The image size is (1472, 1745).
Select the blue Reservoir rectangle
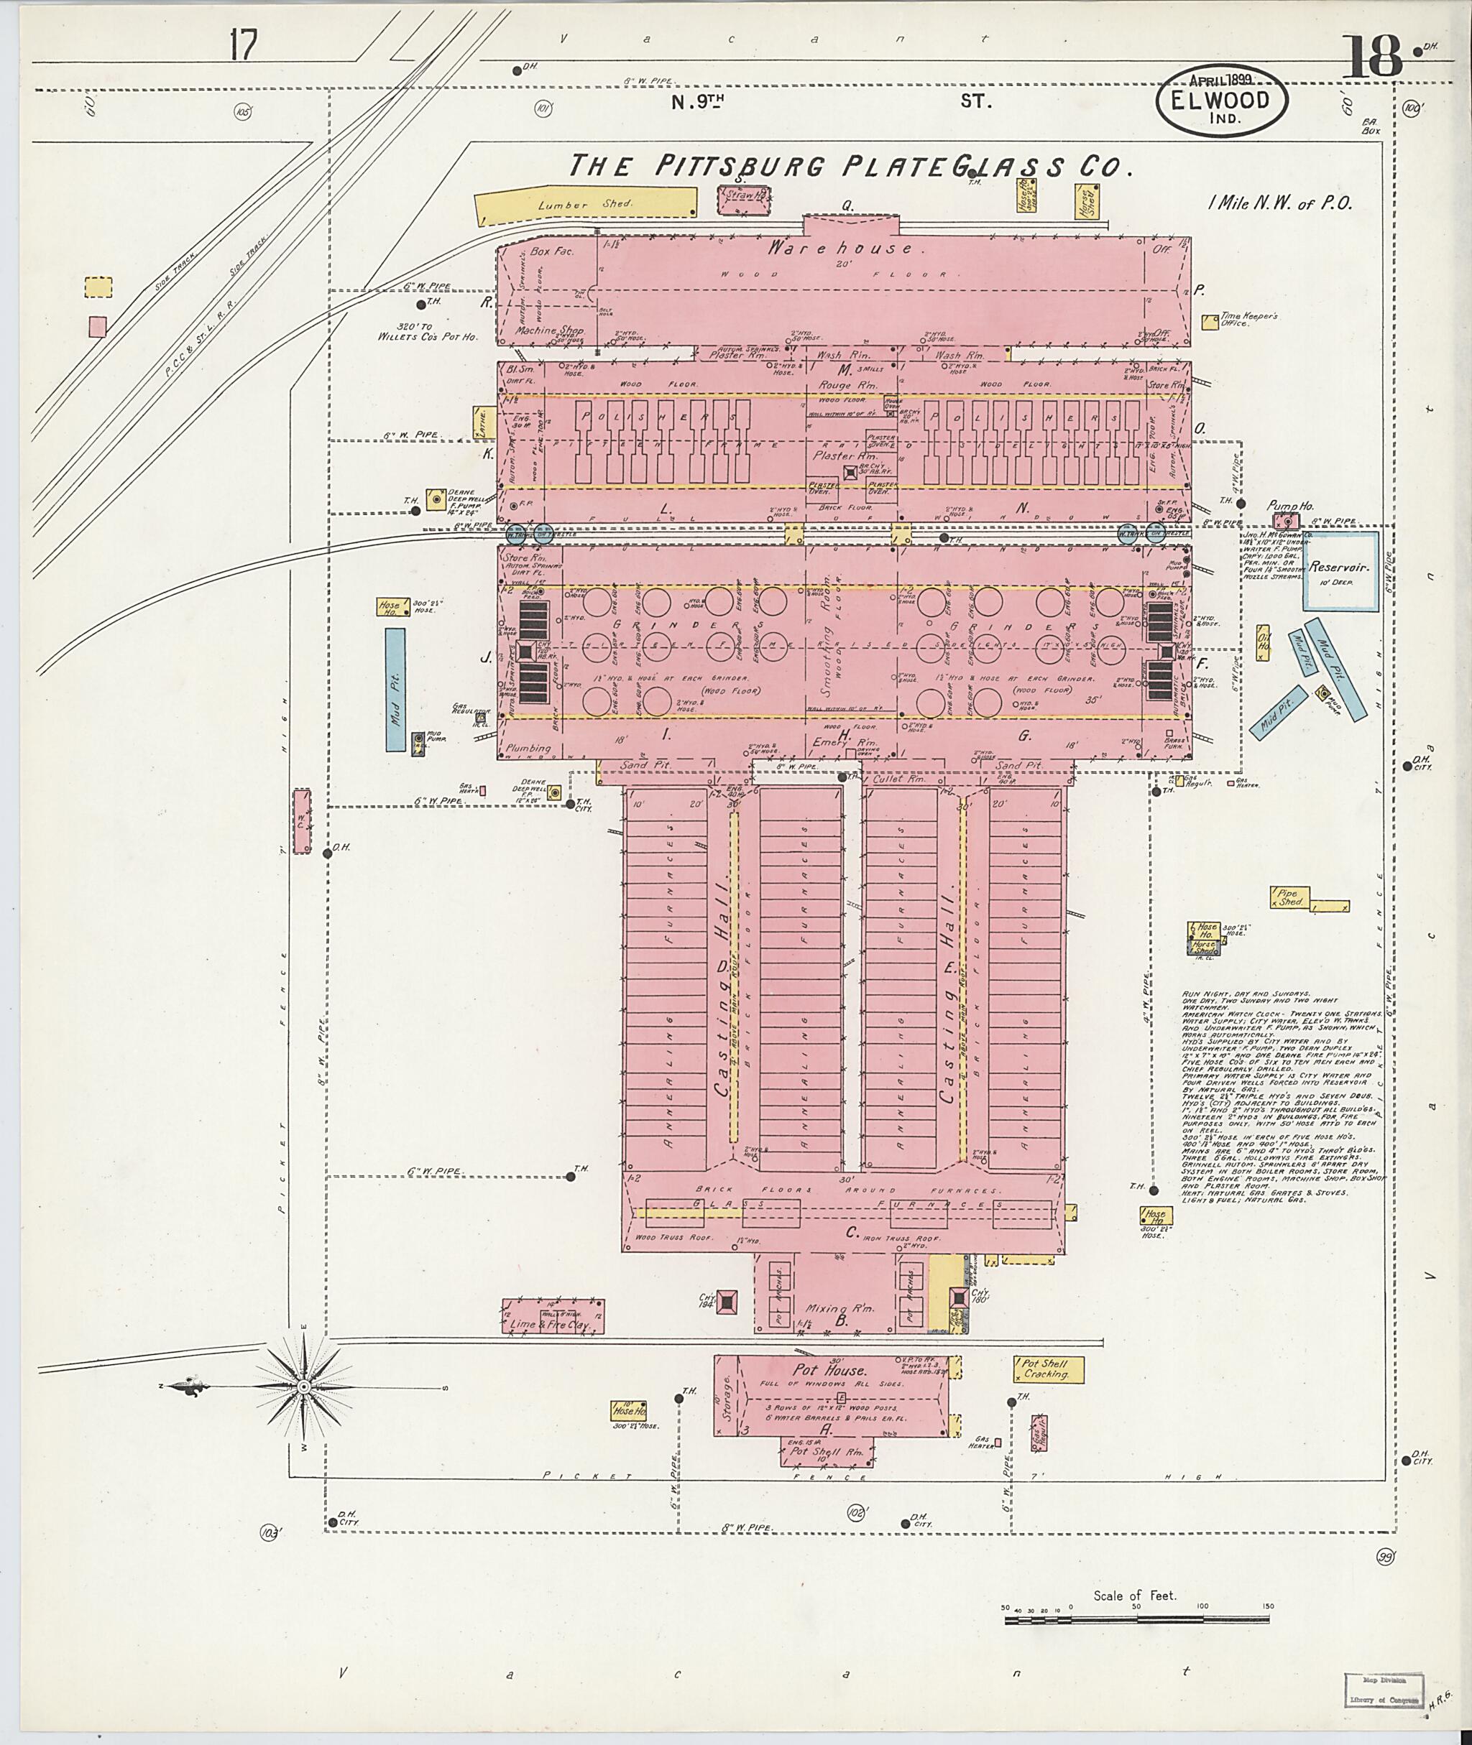1341,574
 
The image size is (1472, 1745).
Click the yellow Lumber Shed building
585,204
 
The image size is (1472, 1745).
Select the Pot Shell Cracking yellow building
1048,1369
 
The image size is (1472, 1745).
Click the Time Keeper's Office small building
1209,322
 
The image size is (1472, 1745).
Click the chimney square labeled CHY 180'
958,1297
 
